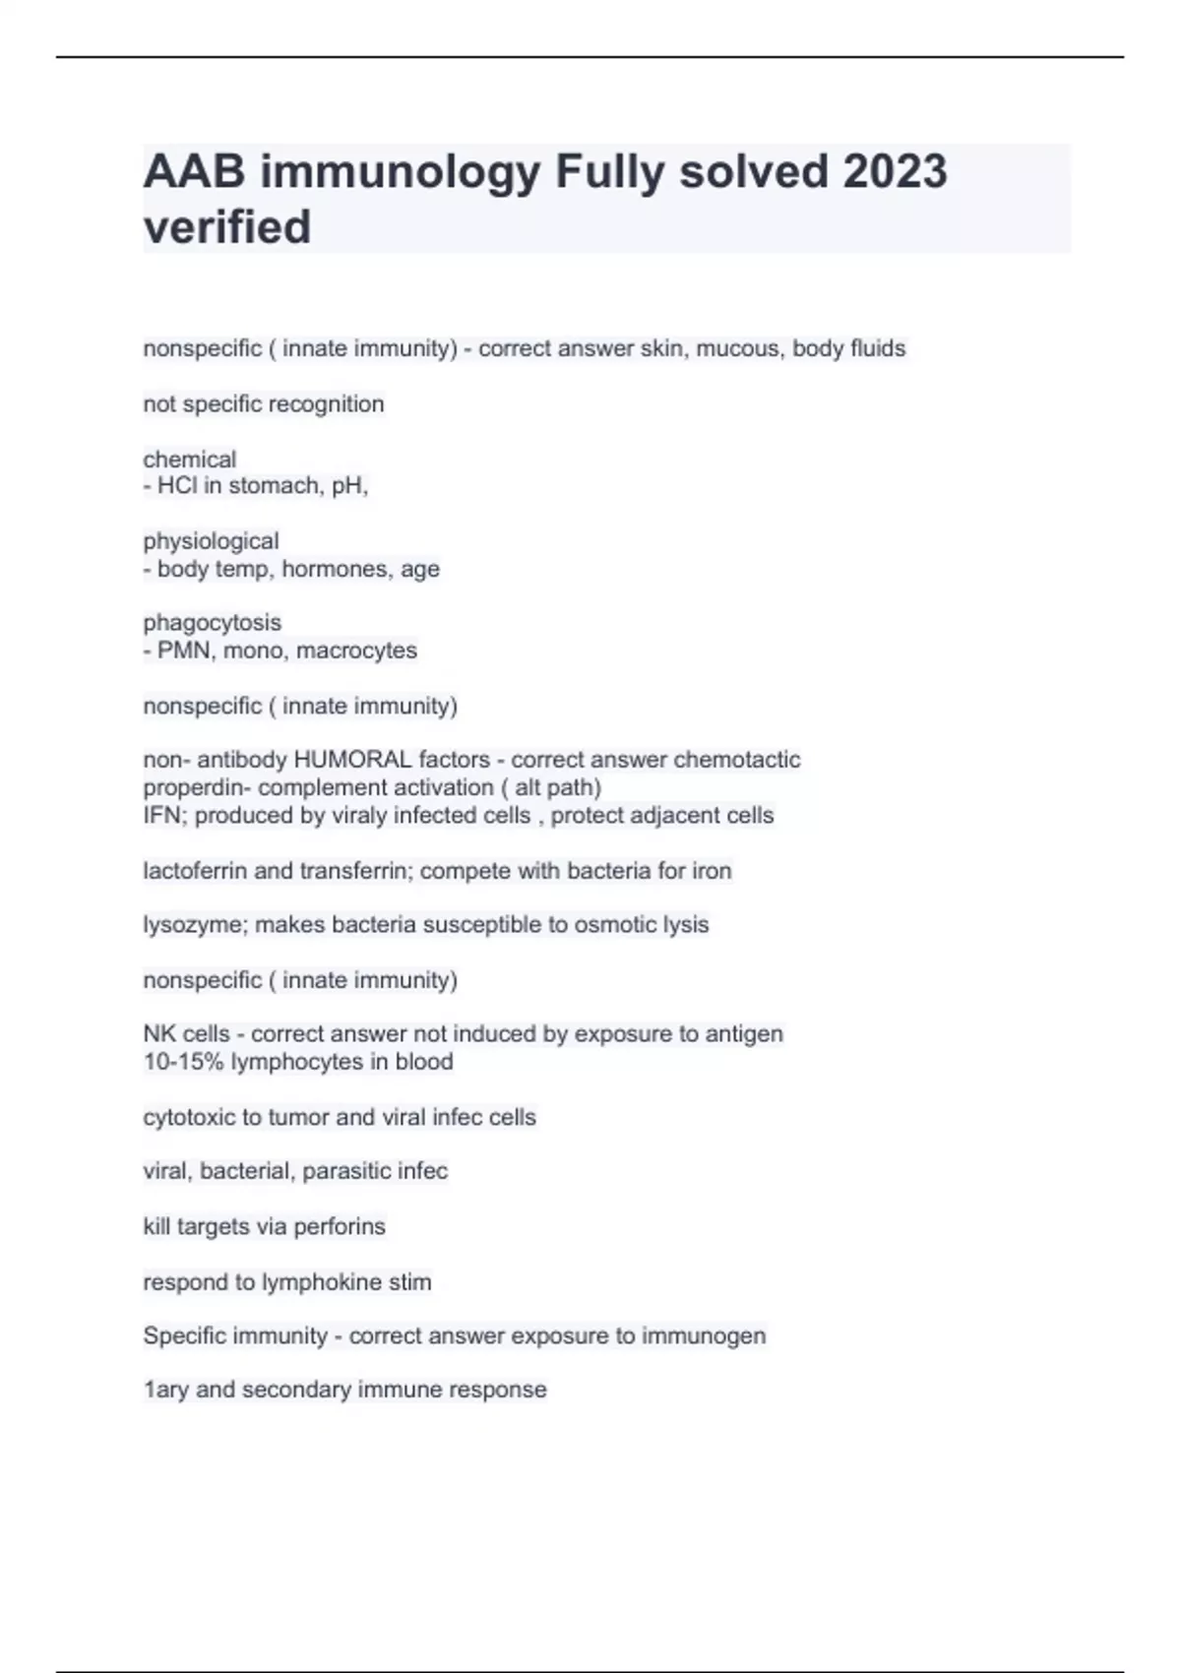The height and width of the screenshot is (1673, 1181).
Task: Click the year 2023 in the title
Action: tap(895, 172)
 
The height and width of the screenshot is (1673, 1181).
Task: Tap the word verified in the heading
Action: tap(227, 227)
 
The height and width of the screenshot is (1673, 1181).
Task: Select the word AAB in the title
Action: tap(194, 172)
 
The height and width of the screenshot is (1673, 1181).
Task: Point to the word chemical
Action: tap(190, 460)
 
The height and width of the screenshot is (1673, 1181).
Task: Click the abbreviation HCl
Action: tap(177, 486)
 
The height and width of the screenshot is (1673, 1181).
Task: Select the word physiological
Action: tap(211, 541)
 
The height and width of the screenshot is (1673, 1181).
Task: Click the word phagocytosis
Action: tap(212, 623)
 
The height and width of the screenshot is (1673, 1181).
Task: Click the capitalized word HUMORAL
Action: tap(352, 760)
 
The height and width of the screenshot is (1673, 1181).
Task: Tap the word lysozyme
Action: tap(192, 925)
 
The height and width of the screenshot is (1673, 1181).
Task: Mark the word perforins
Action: tap(340, 1227)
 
